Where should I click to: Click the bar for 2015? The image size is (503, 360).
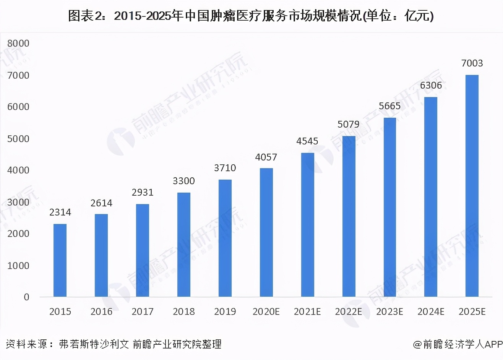click(60, 260)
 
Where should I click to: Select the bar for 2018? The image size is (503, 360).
click(184, 245)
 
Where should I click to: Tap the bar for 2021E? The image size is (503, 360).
click(308, 225)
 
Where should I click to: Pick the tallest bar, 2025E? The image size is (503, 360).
click(472, 186)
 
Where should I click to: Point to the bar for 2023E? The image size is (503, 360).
click(389, 207)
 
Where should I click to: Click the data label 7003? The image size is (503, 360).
click(472, 63)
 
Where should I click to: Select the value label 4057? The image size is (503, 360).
click(266, 157)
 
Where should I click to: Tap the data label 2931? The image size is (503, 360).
click(143, 193)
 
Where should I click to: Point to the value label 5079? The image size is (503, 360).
click(349, 125)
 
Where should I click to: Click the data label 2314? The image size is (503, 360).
click(60, 212)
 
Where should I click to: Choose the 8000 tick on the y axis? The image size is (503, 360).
click(18, 44)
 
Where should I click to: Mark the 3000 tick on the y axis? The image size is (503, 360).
click(18, 202)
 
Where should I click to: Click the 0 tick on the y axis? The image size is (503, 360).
click(26, 297)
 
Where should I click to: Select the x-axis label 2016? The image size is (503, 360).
click(101, 312)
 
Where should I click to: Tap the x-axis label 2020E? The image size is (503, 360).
click(266, 312)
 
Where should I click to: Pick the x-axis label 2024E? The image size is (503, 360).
click(431, 312)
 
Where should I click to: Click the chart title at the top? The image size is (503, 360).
click(251, 16)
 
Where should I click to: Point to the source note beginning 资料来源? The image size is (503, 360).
click(114, 344)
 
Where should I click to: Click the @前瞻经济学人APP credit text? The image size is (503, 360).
click(458, 344)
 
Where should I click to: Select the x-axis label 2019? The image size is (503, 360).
click(225, 312)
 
